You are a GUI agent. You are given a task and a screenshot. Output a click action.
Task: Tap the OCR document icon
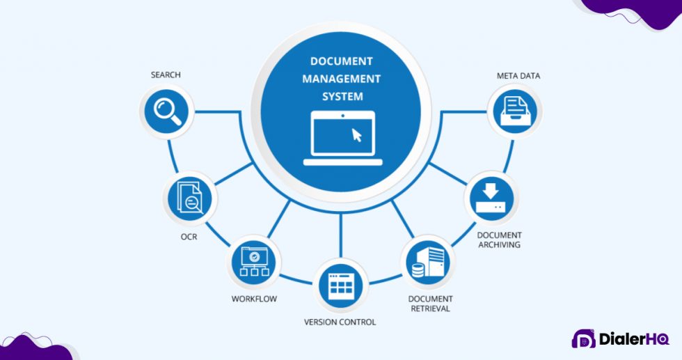[x=190, y=198]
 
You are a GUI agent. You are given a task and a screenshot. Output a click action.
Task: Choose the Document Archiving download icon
[x=490, y=197]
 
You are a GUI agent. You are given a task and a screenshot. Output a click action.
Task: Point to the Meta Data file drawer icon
[x=515, y=111]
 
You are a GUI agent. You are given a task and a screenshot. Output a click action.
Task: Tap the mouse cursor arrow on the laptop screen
[x=357, y=134]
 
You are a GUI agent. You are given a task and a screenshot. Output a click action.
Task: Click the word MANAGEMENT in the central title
[x=341, y=79]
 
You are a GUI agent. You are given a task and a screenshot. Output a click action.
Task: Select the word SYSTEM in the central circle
[x=341, y=97]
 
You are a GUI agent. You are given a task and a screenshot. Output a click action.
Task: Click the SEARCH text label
[x=166, y=75]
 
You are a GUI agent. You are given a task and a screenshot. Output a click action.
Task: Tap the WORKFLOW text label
[x=254, y=299]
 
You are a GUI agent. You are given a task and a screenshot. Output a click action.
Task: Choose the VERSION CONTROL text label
[x=340, y=322]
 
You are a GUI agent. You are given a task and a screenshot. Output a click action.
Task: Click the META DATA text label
[x=518, y=75]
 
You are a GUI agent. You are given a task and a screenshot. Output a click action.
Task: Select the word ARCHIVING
[x=499, y=245]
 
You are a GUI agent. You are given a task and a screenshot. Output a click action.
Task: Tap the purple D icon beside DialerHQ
[x=583, y=339]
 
